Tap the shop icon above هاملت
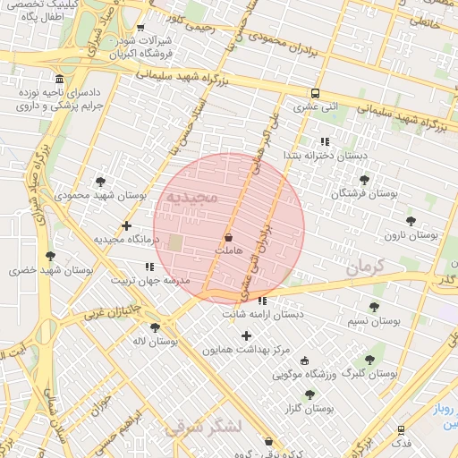(x=229, y=238)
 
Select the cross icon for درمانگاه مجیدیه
(x=127, y=225)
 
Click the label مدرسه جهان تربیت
(x=150, y=280)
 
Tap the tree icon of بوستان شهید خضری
(x=49, y=256)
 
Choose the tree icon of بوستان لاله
(x=156, y=327)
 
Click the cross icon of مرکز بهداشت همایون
(x=246, y=335)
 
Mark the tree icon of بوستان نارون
(x=411, y=221)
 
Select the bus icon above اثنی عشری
(x=315, y=93)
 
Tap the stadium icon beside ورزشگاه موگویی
(x=305, y=360)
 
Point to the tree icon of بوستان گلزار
(x=310, y=394)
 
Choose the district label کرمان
(x=365, y=267)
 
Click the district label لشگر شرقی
(x=203, y=428)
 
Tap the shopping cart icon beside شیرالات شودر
(x=140, y=28)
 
